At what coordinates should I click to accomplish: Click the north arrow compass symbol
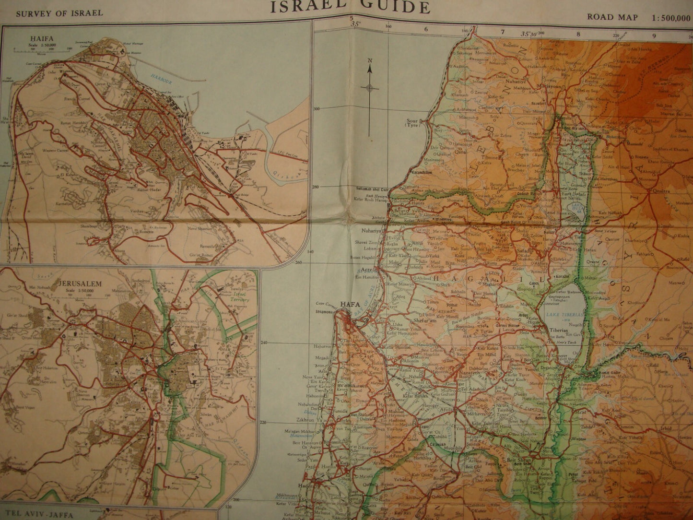pyautogui.click(x=369, y=87)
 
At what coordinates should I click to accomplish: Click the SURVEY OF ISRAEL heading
pyautogui.click(x=59, y=13)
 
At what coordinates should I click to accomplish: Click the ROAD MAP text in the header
pyautogui.click(x=612, y=18)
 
